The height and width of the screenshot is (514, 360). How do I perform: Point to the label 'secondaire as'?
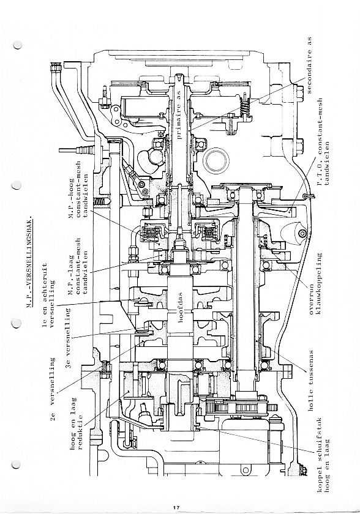click(x=309, y=65)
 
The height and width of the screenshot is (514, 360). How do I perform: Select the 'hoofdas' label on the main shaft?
click(x=180, y=307)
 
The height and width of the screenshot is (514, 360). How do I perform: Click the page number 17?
click(x=176, y=507)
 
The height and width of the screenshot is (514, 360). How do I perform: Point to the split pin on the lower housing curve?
click(x=308, y=196)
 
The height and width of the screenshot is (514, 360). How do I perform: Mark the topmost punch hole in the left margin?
click(x=17, y=45)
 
